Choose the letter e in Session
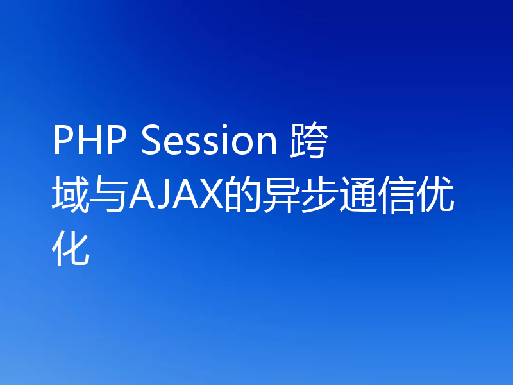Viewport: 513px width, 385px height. click(x=171, y=145)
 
